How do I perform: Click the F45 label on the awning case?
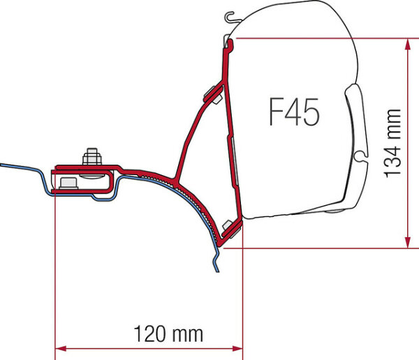coord(294,112)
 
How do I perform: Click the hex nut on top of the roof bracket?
coord(90,156)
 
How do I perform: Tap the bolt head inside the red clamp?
coord(68,183)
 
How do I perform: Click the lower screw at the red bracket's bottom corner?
coord(227,225)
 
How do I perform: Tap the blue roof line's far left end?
coord(2,165)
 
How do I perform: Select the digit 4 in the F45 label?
coord(293,112)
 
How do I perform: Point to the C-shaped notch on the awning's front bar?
coord(361,155)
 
